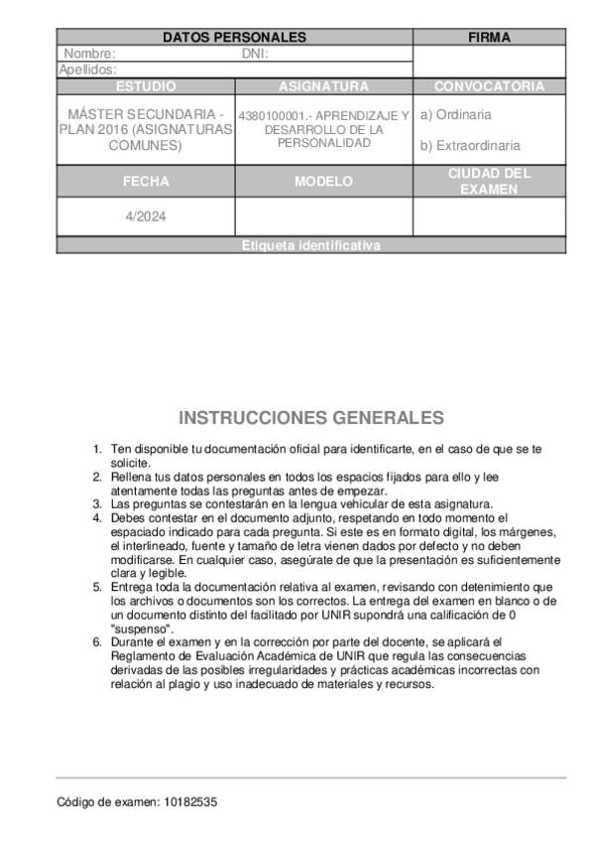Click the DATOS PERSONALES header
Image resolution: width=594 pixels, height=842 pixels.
234,38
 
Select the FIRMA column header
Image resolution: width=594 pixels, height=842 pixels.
489,38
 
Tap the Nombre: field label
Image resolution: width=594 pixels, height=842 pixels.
89,54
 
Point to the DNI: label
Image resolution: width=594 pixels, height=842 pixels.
255,54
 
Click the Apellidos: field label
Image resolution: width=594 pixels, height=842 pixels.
88,70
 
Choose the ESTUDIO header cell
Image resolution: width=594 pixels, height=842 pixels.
146,86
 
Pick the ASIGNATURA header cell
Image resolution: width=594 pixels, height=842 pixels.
323,86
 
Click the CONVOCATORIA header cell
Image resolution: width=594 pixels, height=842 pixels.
489,86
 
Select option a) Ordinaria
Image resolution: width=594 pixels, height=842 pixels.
456,115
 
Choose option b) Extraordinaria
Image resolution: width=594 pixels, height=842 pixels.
470,146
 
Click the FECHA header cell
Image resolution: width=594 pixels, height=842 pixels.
146,182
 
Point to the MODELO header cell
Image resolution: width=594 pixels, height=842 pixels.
323,182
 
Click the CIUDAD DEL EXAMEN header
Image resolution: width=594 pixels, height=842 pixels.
489,182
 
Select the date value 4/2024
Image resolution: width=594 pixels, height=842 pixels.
145,215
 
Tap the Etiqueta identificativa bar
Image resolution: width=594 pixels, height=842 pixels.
310,245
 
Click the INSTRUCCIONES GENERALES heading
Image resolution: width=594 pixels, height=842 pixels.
310,417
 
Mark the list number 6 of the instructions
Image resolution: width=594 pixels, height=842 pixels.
97,642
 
